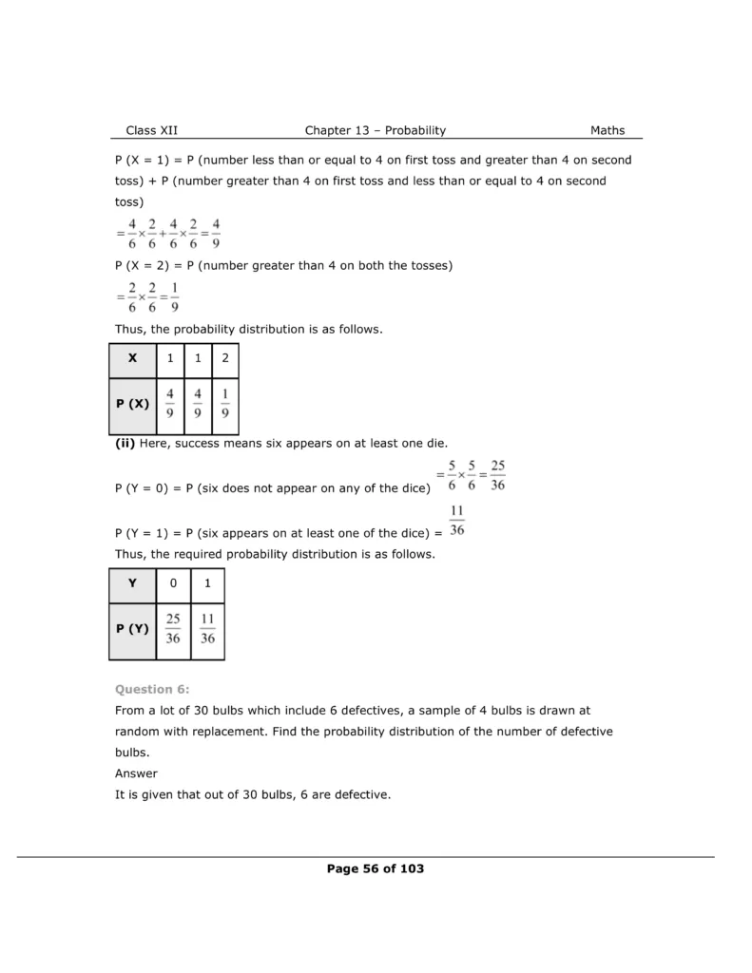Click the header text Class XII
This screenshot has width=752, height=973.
pos(151,130)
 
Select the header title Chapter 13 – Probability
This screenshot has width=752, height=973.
pos(375,130)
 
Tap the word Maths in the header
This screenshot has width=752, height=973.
pos(607,130)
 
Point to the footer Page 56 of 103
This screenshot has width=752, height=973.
pos(375,868)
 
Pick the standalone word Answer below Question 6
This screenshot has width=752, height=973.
pos(136,773)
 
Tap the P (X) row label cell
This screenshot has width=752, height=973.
pos(132,404)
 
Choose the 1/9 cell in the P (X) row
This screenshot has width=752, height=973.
pos(224,404)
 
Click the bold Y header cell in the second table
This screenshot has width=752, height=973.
pos(132,583)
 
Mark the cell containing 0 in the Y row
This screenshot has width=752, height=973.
pos(173,583)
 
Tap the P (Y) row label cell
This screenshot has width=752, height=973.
pos(132,629)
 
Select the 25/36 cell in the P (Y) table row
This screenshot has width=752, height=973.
pos(173,629)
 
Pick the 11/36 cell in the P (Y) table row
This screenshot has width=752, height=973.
pos(207,629)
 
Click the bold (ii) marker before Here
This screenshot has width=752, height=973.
pos(125,444)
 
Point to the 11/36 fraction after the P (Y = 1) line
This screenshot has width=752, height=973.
pos(456,522)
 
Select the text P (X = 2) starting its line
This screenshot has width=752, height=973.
pos(142,266)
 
